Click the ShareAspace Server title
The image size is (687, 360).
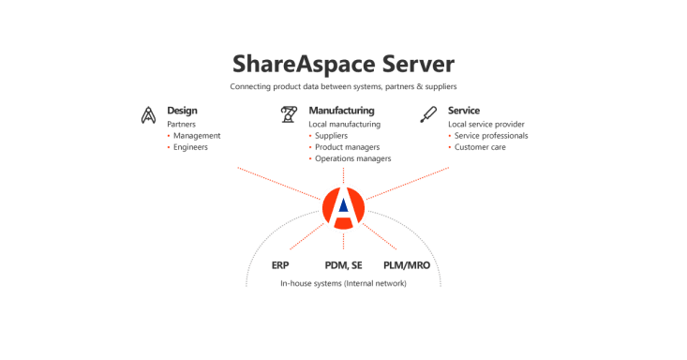[343, 64]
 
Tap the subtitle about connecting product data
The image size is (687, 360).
[343, 86]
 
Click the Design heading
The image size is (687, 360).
[182, 111]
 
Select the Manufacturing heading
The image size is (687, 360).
[342, 111]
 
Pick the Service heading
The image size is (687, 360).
[464, 111]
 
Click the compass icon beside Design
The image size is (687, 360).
[148, 115]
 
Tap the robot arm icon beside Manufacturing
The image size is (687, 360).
[289, 114]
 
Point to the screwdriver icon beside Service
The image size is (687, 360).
[428, 114]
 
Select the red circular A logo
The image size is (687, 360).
[343, 208]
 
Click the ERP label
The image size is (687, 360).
[280, 265]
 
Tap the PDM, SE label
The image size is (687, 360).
[343, 265]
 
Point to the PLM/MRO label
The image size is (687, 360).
[407, 265]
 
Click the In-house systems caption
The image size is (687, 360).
[343, 283]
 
